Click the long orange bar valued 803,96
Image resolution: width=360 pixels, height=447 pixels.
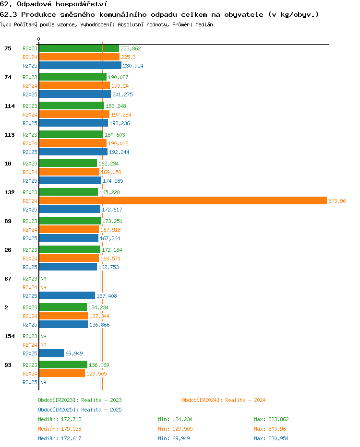(183, 200)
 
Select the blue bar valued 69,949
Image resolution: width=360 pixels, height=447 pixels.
(51, 353)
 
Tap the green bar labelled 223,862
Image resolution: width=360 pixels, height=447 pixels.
(79, 48)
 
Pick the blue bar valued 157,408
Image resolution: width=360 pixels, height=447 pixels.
(67, 295)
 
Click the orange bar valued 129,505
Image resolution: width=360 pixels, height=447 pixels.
(62, 373)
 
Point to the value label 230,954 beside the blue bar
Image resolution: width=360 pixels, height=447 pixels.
(133, 66)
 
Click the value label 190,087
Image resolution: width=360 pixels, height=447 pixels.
(118, 77)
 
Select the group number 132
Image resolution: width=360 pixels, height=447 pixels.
(10, 192)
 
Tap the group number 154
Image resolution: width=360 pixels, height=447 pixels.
(10, 336)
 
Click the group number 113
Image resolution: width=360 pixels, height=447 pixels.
(10, 135)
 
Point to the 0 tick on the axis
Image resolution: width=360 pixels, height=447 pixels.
(38, 39)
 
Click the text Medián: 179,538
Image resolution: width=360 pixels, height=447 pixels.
(60, 429)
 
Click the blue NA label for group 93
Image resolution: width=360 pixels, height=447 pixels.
(43, 382)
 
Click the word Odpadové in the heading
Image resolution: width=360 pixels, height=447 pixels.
(34, 4)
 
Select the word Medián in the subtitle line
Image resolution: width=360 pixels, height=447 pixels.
(204, 24)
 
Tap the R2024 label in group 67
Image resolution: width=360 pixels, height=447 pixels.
(30, 287)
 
